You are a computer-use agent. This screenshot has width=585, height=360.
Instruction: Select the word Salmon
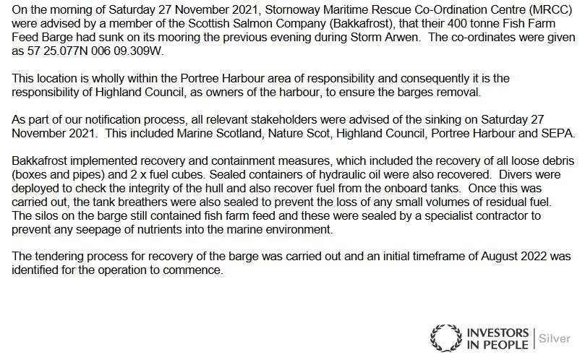(x=245, y=21)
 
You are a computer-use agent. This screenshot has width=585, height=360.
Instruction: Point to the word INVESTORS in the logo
(x=498, y=333)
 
